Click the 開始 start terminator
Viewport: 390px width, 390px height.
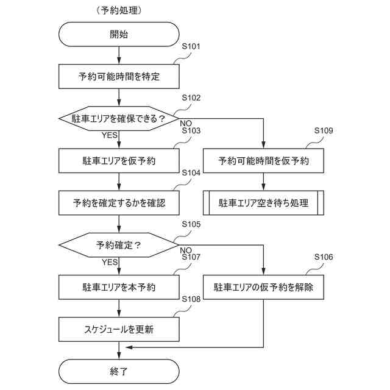coord(119,35)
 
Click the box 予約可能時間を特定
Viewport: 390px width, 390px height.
coord(119,77)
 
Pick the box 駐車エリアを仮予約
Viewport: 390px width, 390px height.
coord(119,161)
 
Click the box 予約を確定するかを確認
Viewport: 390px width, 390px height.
coord(119,203)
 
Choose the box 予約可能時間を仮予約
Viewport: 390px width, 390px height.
coord(263,161)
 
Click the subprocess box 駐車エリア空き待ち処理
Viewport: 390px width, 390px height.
coord(263,203)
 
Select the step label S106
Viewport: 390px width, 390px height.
coord(324,257)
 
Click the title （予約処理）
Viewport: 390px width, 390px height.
coord(119,11)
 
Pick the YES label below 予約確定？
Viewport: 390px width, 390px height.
coord(110,262)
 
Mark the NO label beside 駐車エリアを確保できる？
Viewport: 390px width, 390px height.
coord(186,124)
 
